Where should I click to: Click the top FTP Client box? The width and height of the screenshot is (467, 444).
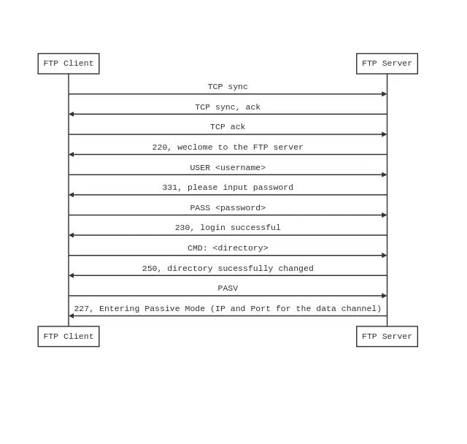[69, 64]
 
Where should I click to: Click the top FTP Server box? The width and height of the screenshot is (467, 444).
[387, 64]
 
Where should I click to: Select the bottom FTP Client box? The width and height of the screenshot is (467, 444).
[69, 337]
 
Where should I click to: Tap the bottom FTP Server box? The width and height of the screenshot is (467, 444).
[387, 337]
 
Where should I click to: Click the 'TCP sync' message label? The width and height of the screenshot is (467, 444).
[228, 87]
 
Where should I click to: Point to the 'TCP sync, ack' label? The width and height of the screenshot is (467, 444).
[228, 107]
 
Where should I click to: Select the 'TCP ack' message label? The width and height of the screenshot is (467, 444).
[228, 127]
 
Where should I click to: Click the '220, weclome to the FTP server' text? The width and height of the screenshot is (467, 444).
[228, 148]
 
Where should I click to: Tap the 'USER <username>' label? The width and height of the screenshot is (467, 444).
[228, 168]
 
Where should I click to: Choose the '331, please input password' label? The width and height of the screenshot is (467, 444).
[228, 188]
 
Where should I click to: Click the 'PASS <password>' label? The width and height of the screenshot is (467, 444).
[228, 208]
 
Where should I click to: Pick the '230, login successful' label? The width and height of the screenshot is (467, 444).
[228, 228]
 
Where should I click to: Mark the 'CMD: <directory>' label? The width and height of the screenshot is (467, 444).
[228, 248]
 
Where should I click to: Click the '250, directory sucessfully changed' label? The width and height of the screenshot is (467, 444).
[228, 269]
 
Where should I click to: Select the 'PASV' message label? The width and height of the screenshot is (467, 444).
[228, 288]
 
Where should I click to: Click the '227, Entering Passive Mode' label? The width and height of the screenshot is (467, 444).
[228, 309]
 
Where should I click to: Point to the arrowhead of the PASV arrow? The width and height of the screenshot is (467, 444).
[384, 296]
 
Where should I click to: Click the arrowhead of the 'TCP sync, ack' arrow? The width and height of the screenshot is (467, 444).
[72, 114]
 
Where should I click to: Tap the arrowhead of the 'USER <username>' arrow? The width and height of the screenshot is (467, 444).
[384, 175]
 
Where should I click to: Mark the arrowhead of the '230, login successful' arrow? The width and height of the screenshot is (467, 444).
[72, 235]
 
